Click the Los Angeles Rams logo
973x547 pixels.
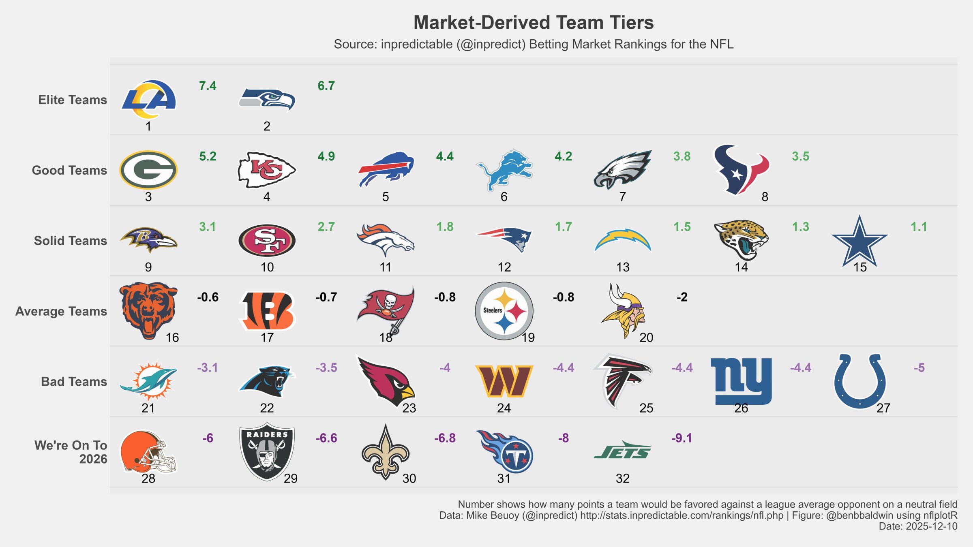click(148, 99)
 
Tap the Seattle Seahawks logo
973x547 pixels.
click(267, 99)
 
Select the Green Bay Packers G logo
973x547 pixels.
click(148, 170)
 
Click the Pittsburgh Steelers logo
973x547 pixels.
click(504, 311)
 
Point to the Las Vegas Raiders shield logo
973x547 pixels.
click(267, 451)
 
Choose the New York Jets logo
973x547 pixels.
click(622, 451)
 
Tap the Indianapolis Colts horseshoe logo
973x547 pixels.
click(859, 381)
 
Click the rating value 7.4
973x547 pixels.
click(208, 86)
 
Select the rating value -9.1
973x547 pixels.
click(682, 438)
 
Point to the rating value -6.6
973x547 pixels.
click(326, 438)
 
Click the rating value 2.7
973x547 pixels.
click(326, 226)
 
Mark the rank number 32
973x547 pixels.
click(622, 479)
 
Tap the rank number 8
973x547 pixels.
click(765, 197)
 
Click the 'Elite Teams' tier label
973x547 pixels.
click(73, 100)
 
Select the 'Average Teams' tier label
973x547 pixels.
click(61, 311)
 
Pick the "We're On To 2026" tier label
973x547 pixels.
click(71, 452)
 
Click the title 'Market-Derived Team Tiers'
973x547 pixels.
click(534, 23)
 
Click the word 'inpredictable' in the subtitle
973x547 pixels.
click(416, 44)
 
